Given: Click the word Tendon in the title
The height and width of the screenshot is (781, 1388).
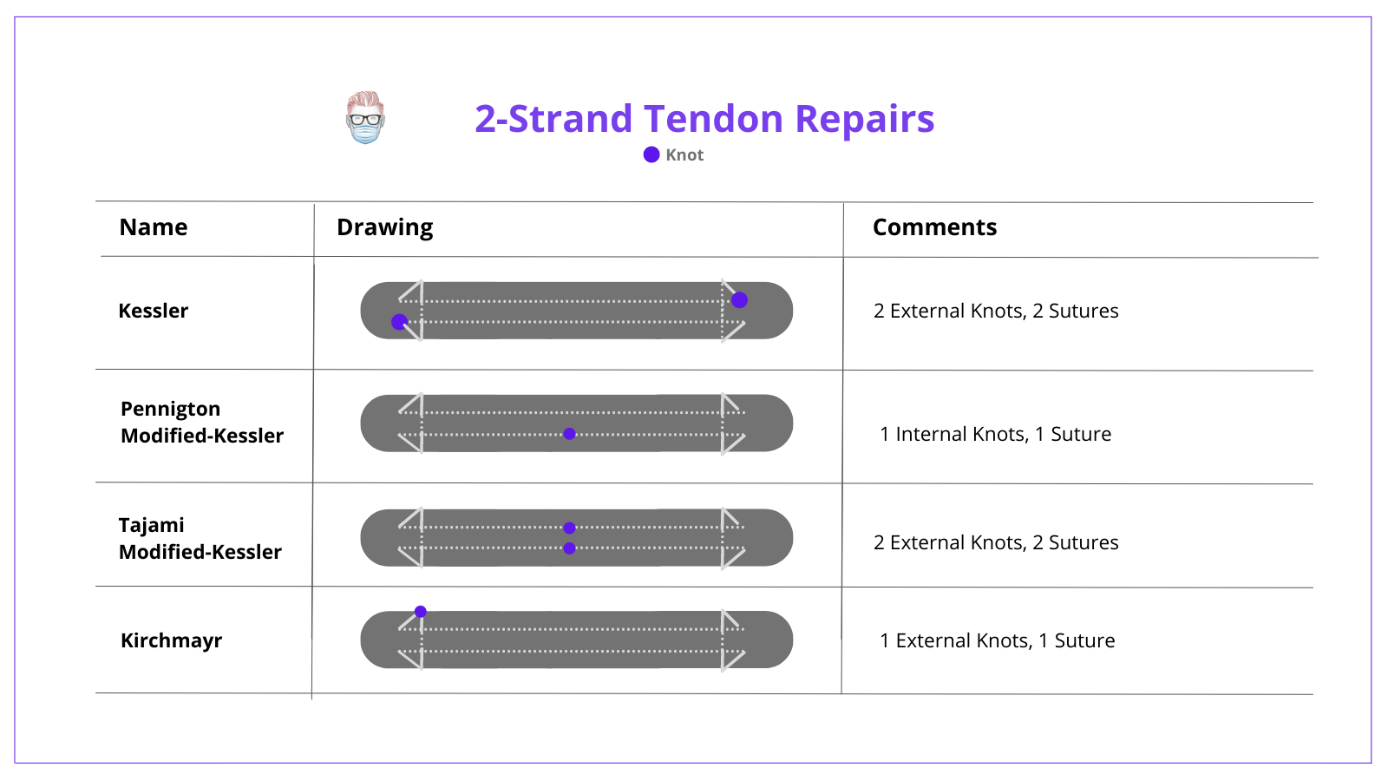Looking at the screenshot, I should pyautogui.click(x=713, y=119).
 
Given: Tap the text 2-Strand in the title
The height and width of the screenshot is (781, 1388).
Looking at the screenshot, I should pyautogui.click(x=553, y=119).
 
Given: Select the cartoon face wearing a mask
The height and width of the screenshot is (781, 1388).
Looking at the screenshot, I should pyautogui.click(x=365, y=118).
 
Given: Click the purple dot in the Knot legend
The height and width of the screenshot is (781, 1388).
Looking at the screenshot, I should pyautogui.click(x=651, y=154).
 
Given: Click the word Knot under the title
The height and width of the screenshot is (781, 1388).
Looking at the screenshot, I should pyautogui.click(x=684, y=154).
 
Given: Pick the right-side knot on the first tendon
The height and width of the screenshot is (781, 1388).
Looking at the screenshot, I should pyautogui.click(x=739, y=300).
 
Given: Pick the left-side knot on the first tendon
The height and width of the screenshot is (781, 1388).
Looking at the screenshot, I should pyautogui.click(x=399, y=322).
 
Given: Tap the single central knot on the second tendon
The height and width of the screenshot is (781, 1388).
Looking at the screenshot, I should pyautogui.click(x=569, y=434).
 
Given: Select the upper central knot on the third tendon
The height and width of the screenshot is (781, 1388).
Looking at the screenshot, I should pyautogui.click(x=569, y=528).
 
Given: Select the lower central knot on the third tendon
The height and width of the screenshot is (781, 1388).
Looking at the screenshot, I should pyautogui.click(x=569, y=548).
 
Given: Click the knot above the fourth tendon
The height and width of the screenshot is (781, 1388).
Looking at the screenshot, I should pyautogui.click(x=420, y=612).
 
